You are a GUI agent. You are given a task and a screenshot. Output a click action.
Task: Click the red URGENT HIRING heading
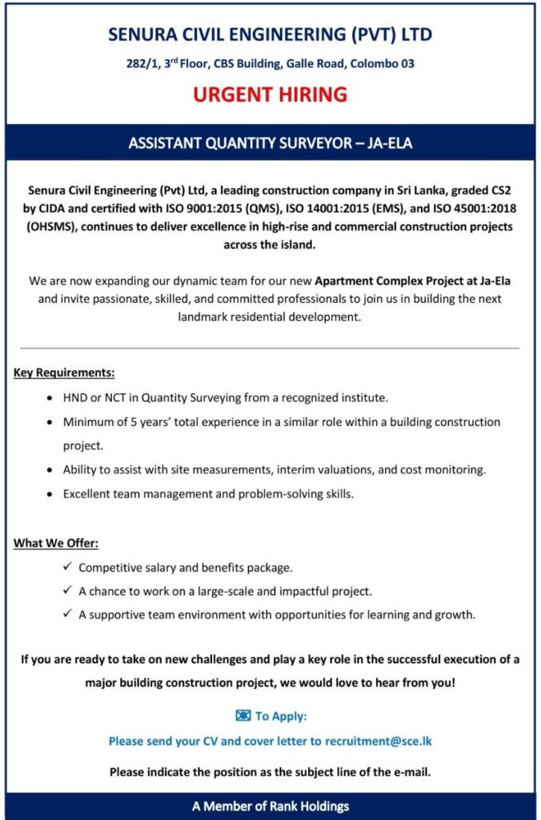[x=270, y=94]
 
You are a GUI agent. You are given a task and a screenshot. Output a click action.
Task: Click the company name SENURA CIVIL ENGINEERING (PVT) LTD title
[x=270, y=35]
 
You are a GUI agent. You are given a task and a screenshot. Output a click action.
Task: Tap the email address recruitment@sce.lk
[x=378, y=741]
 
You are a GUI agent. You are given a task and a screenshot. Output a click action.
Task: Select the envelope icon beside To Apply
[x=243, y=716]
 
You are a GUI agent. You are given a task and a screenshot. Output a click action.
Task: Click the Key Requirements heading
[x=64, y=372]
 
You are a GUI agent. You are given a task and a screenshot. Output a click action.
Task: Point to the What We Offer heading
[x=56, y=544]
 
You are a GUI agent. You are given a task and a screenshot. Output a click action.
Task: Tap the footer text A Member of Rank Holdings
[x=270, y=806]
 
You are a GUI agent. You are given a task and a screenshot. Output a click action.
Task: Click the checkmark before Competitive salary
[x=67, y=568]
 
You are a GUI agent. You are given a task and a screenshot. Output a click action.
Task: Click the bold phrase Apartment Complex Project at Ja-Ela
[x=413, y=281]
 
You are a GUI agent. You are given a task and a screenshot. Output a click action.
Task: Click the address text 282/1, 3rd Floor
[x=163, y=63]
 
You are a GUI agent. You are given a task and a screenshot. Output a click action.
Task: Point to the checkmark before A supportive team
[x=67, y=615]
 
